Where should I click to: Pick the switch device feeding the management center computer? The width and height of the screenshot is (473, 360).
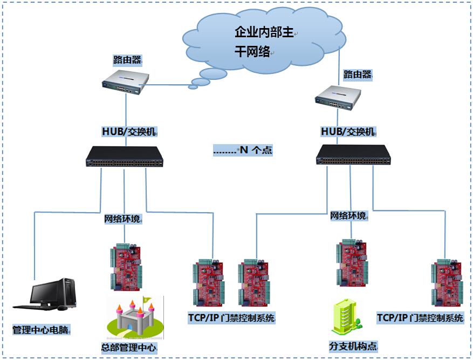point(124,158)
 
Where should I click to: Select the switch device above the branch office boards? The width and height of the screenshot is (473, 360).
point(354,155)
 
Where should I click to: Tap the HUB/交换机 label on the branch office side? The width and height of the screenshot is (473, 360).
point(348,131)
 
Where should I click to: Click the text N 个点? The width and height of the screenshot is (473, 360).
point(243,151)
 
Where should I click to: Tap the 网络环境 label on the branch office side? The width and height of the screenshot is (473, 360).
point(348,216)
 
